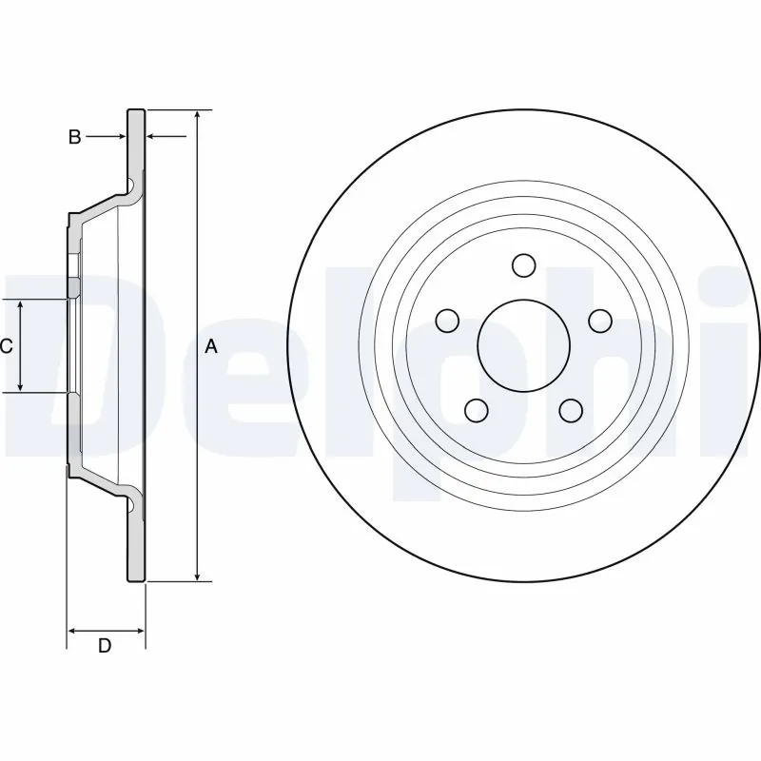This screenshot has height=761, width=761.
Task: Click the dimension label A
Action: point(211,347)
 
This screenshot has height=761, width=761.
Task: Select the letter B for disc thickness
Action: point(74,137)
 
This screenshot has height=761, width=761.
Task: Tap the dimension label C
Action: point(7,346)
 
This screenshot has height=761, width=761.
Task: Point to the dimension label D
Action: point(106,646)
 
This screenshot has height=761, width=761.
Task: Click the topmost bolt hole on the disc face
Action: point(523,263)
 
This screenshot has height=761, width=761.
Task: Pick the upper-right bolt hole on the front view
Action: point(599,321)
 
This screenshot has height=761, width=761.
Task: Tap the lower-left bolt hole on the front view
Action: point(476,410)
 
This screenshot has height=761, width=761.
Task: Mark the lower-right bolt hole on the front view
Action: point(571,410)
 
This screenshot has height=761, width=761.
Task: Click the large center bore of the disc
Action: point(523,345)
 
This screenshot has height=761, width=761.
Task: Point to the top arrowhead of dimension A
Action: point(197,115)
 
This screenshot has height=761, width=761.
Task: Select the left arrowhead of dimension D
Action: point(72,630)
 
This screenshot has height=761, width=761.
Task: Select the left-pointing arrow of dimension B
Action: point(153,137)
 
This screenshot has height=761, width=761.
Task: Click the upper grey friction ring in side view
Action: point(137,143)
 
